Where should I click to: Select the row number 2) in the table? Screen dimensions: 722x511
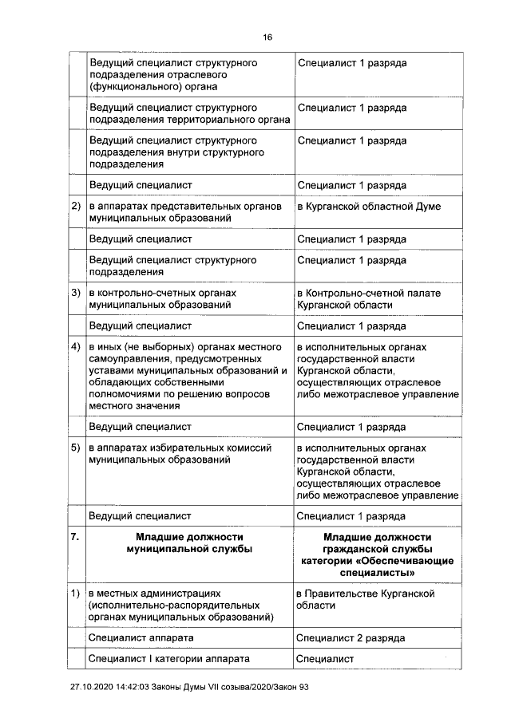click(x=76, y=207)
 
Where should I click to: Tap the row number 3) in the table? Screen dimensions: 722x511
click(x=76, y=294)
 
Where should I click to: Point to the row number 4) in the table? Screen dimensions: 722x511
click(x=76, y=348)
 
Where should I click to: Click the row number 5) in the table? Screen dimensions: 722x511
click(x=76, y=448)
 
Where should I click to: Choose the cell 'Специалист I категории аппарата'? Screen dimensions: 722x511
click(x=169, y=659)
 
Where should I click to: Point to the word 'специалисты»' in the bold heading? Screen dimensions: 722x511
click(x=378, y=572)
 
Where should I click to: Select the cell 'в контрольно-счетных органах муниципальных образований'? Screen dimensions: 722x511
click(x=163, y=299)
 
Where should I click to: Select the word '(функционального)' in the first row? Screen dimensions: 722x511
click(x=131, y=85)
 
